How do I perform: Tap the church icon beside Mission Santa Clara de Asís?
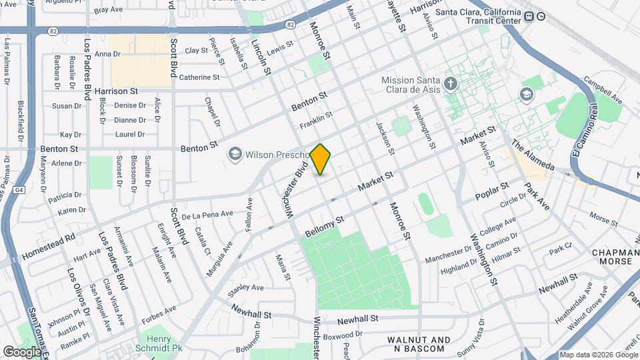(x=451, y=85)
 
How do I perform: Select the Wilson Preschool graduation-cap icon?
(x=235, y=155)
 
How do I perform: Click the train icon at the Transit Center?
(x=529, y=17)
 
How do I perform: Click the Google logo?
(x=22, y=352)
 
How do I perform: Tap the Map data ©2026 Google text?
(x=599, y=355)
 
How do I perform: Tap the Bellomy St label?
(x=324, y=227)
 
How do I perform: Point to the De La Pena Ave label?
(x=207, y=215)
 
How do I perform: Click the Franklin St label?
(x=315, y=121)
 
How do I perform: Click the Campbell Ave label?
(x=603, y=91)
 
